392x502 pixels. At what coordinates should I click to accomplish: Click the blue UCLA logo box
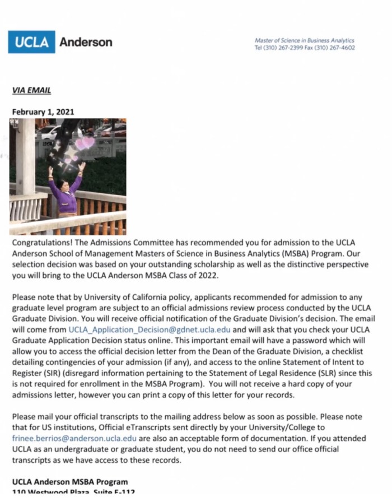[x=31, y=42]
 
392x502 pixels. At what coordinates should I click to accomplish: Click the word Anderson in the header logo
[x=86, y=42]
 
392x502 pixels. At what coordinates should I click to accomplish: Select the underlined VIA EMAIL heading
[x=31, y=90]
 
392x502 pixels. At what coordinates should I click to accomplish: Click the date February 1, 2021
[x=43, y=111]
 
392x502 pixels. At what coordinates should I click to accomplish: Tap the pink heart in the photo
[x=85, y=143]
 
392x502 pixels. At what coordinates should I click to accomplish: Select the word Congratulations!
[x=42, y=243]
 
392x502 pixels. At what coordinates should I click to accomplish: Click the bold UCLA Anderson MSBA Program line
[x=69, y=482]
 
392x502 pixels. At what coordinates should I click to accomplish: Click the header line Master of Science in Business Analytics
[x=304, y=40]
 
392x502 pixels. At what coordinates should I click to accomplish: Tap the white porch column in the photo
[x=25, y=157]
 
